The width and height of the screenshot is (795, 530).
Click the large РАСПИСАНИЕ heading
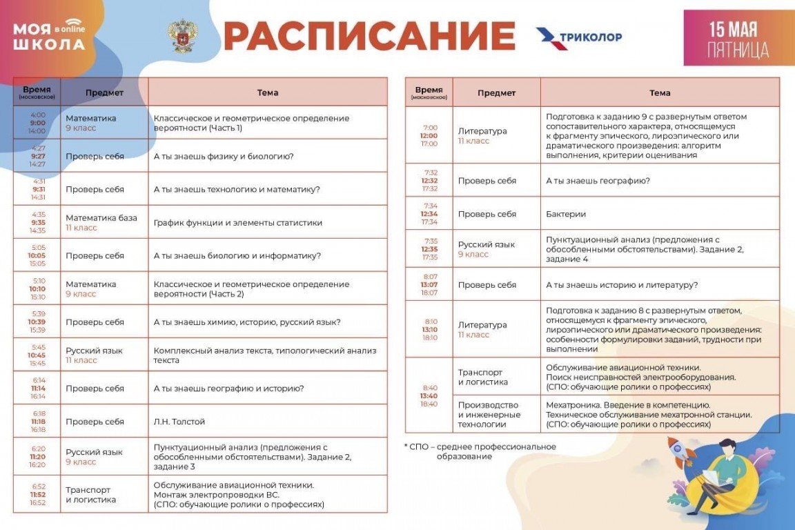point(369,37)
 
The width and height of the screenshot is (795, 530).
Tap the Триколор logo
point(579,37)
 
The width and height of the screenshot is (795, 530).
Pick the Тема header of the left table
point(268,92)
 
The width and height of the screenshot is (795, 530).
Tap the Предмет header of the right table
point(496,92)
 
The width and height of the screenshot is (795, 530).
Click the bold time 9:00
point(37,123)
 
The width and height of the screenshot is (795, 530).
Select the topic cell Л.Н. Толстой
point(179,422)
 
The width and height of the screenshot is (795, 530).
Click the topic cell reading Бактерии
point(566,214)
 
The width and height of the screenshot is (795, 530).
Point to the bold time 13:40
point(429,395)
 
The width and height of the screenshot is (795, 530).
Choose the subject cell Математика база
point(101,218)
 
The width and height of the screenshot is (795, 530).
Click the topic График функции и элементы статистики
point(238,223)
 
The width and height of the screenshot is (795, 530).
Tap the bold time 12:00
point(429,136)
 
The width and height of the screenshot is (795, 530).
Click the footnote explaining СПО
point(482,451)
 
